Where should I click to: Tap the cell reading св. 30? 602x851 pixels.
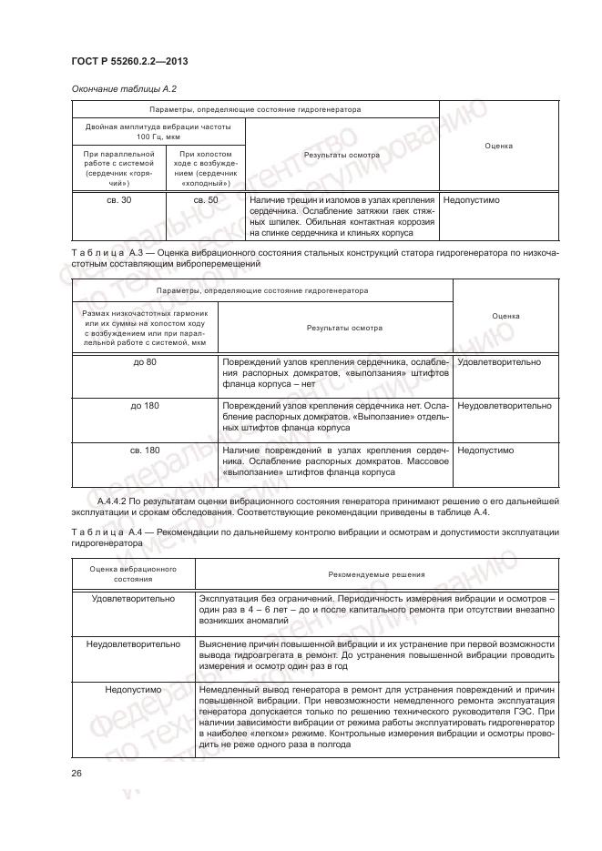coord(119,199)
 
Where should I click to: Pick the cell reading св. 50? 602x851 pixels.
coord(206,199)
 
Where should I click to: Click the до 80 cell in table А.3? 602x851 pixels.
coord(144,362)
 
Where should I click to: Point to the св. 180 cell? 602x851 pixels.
coord(144,450)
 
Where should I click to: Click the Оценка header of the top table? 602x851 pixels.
coord(497,146)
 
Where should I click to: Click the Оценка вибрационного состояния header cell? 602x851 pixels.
coord(133,574)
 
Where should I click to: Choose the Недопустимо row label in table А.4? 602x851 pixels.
coord(133,690)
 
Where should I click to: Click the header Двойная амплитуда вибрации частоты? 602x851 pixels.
coord(158,130)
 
